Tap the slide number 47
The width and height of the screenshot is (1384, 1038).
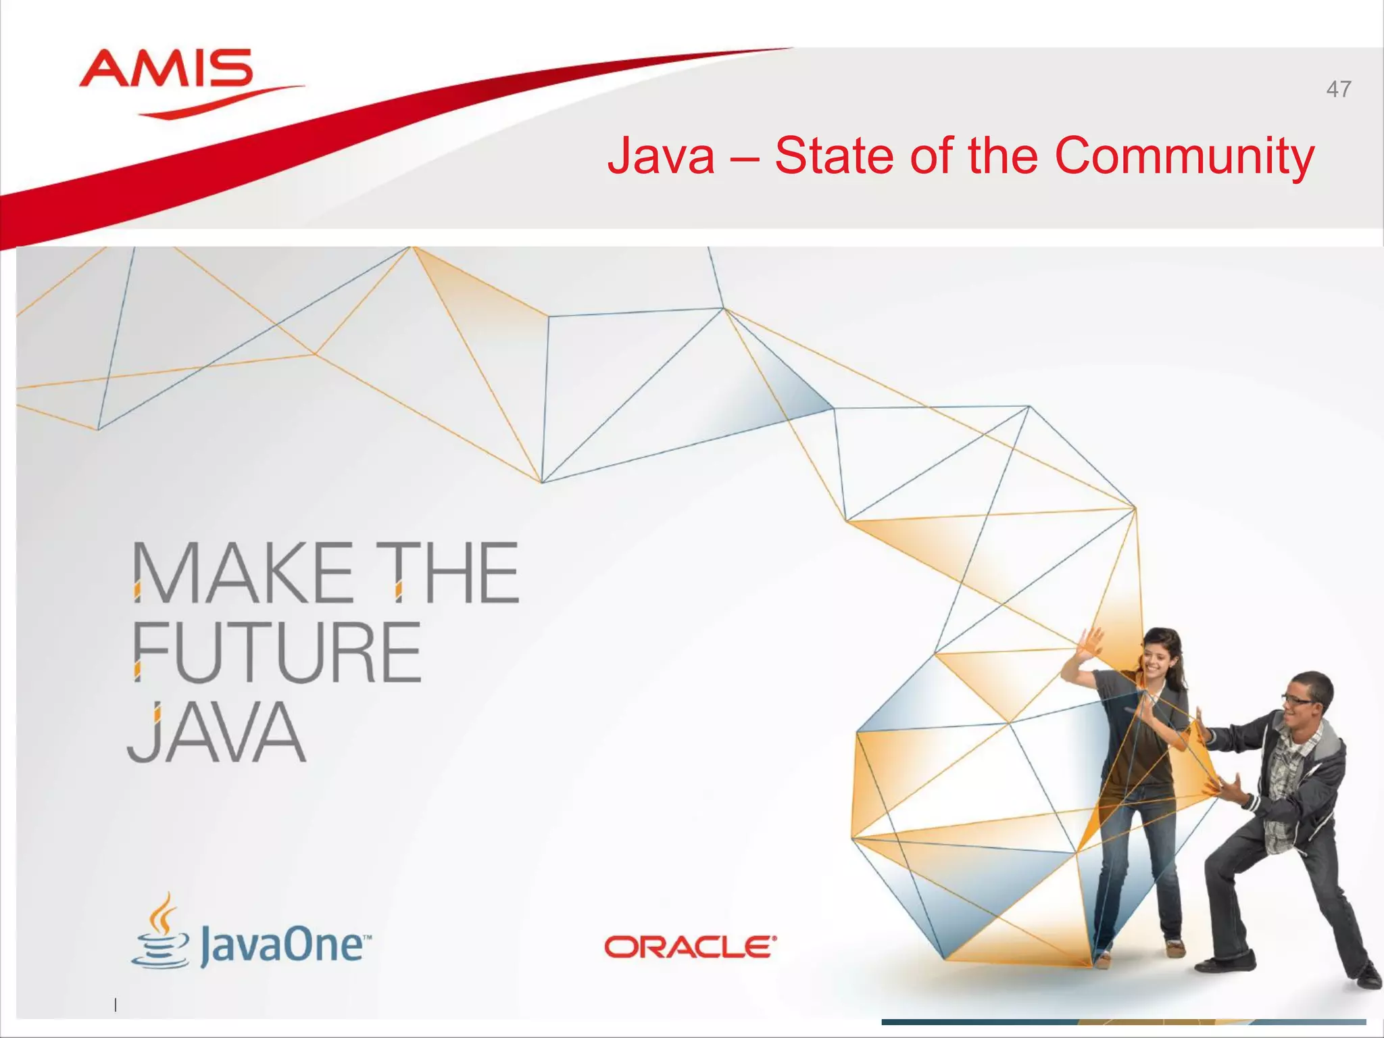click(x=1338, y=89)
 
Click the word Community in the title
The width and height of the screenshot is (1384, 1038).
click(x=1184, y=155)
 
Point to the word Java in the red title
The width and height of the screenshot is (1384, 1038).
click(x=661, y=155)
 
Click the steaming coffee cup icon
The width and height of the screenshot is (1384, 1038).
click(x=161, y=933)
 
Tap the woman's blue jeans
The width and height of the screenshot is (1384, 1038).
click(x=1135, y=865)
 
